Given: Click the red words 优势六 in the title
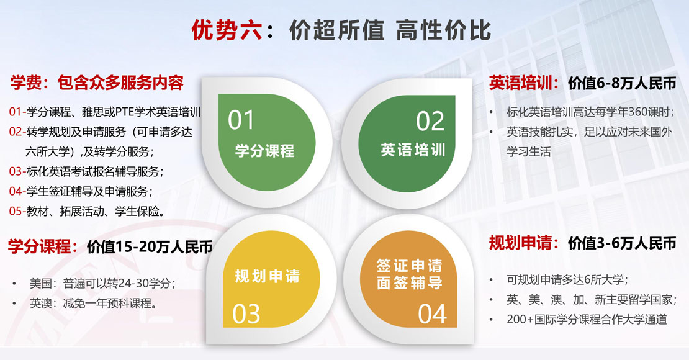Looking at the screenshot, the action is [227, 30].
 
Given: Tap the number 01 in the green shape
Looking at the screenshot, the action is [241, 120].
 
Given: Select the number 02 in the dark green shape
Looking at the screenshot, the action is [430, 121].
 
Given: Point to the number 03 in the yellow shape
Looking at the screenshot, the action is [246, 314].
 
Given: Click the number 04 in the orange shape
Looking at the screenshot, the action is [433, 314].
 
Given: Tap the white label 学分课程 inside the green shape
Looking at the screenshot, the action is [264, 151].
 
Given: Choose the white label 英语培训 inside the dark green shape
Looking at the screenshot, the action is [413, 150].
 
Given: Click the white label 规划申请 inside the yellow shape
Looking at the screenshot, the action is [267, 276].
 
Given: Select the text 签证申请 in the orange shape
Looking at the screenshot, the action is [409, 266].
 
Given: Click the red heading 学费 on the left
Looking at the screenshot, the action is [26, 83].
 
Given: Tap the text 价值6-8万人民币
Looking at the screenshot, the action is [622, 83].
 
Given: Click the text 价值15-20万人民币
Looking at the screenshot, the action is [150, 247].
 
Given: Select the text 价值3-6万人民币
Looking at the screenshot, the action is [622, 243].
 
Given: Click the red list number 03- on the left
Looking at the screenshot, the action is [17, 171].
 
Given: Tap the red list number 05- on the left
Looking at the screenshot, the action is [17, 212].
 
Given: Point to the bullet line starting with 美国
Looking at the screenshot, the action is [102, 283].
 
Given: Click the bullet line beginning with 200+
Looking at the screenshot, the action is [587, 319].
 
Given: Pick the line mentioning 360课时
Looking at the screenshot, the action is [590, 112].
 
